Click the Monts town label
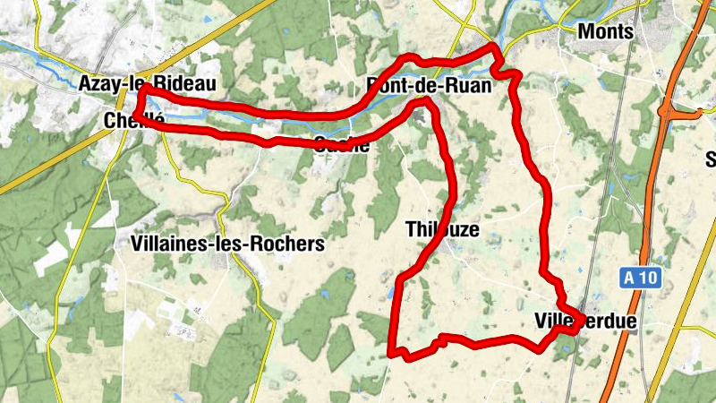(606, 31)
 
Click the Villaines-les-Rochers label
(226, 243)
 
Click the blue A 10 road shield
(641, 279)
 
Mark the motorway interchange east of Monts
(669, 110)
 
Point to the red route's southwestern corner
(392, 351)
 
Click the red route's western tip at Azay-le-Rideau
(141, 90)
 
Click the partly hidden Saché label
(341, 145)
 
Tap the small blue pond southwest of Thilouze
(390, 292)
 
